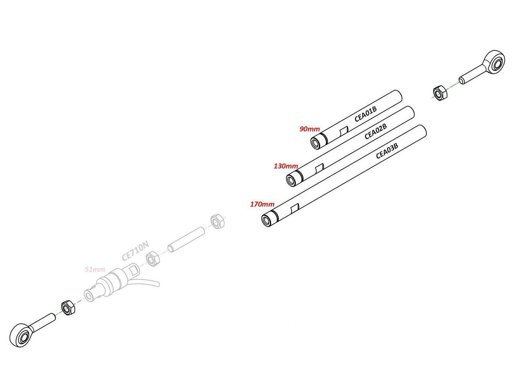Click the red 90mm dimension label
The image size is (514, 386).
pyautogui.click(x=309, y=129)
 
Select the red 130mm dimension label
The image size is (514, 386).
pyautogui.click(x=286, y=166)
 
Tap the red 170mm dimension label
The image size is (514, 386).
pyautogui.click(x=262, y=204)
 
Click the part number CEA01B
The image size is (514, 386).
pyautogui.click(x=365, y=114)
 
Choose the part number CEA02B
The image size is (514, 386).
pyautogui.click(x=376, y=131)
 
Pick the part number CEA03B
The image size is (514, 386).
pyautogui.click(x=387, y=151)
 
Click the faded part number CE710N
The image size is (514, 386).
pyautogui.click(x=136, y=251)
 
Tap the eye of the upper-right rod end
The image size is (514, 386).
pyautogui.click(x=497, y=63)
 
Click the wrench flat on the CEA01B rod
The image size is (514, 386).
pyautogui.click(x=344, y=130)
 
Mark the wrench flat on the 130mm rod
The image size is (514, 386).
pyautogui.click(x=319, y=168)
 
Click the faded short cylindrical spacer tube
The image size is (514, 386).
pyautogui.click(x=186, y=240)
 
